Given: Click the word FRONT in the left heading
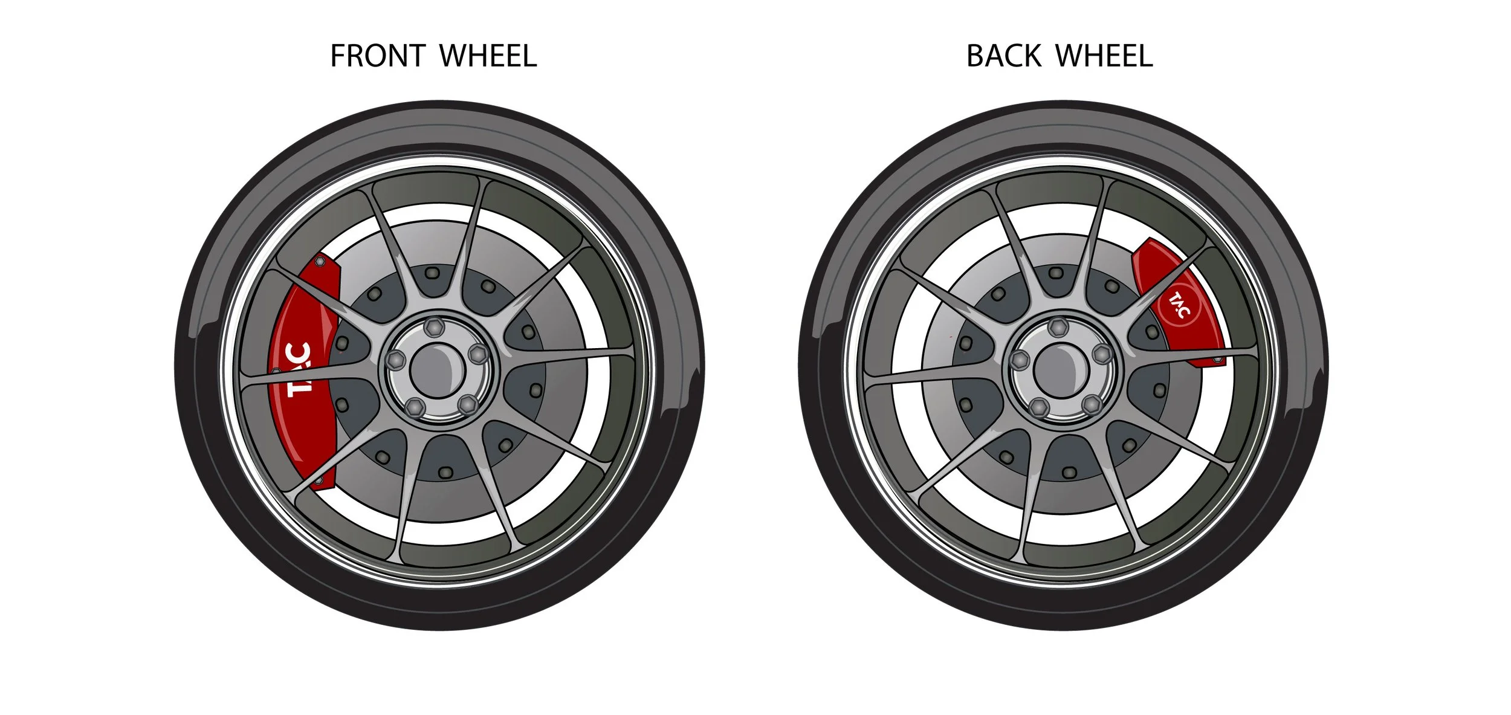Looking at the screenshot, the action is tap(378, 56).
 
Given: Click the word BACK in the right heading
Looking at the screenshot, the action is tap(1003, 56).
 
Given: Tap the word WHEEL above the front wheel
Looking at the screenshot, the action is tap(488, 56).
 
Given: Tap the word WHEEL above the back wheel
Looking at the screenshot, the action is tap(1104, 56).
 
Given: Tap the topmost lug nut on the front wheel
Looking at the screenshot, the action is tap(432, 328).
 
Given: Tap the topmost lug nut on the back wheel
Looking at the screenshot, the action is tap(1056, 328).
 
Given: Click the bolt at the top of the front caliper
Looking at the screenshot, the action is tap(320, 262).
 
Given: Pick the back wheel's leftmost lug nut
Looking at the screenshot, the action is tap(1020, 358).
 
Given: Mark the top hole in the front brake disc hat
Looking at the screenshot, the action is tap(431, 273).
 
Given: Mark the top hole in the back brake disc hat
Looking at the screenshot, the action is tap(1055, 273).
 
